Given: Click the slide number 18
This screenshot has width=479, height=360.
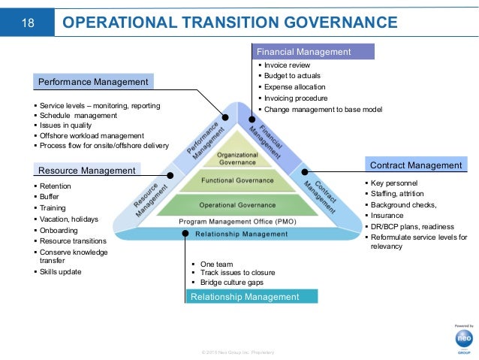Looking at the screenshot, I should pos(28,23).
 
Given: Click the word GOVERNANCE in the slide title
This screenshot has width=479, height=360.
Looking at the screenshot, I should pos(336,23).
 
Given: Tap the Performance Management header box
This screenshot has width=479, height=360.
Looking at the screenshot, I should pos(94,80).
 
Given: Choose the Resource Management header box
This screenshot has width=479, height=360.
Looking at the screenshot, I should pos(87,171).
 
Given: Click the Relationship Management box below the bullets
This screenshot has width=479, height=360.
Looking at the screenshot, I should pos(246,297).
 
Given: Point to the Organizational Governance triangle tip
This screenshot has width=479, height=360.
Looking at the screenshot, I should pos(238,155).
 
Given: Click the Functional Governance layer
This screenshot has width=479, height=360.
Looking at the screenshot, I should pos(238,180).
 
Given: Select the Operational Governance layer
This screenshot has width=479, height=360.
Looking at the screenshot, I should pos(238,204).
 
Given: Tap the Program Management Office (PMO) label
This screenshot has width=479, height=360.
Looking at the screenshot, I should pos(238,222).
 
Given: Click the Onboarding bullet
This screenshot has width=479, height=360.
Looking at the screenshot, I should pos(60,230).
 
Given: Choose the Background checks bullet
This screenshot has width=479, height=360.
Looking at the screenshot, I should pos(403,204).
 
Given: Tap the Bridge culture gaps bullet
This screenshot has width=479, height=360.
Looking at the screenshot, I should pos(233,282).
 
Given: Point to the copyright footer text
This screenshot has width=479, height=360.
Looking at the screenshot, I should pos(233,352).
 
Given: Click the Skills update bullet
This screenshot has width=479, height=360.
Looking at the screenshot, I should pos(62,271).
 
